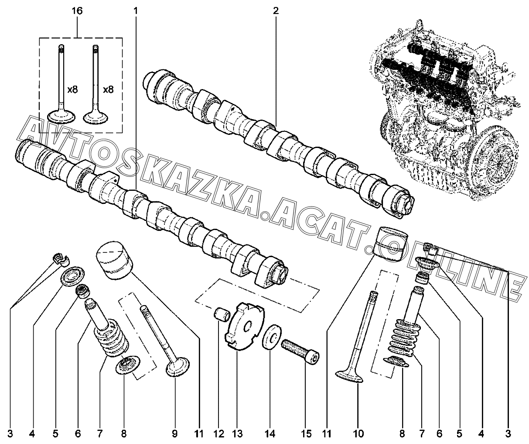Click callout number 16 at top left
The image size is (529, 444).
click(77, 11)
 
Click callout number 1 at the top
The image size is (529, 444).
click(136, 11)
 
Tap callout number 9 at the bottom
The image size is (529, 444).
click(175, 434)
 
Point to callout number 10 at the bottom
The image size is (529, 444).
click(358, 434)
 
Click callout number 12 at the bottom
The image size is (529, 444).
click(219, 434)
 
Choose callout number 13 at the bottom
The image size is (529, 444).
click(237, 434)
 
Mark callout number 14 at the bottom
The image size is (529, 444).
click(270, 434)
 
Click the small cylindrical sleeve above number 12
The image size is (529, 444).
click(222, 315)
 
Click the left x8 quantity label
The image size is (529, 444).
click(72, 89)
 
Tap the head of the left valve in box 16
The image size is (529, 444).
click(61, 117)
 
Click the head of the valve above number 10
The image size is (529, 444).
click(349, 376)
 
